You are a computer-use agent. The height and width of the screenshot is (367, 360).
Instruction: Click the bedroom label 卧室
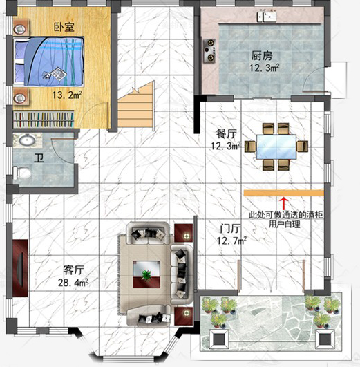pos(64,27)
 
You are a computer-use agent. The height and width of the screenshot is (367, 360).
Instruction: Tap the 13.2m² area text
pos(67,95)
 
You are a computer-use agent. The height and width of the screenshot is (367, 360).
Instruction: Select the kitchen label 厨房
pos(262,56)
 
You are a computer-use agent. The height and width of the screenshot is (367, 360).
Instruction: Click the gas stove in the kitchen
pos(209,51)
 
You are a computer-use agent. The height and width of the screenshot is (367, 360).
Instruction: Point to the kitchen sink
pos(266,17)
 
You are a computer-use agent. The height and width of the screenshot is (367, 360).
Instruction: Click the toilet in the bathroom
pos(22,173)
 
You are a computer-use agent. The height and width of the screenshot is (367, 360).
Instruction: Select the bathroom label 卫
pos(39,158)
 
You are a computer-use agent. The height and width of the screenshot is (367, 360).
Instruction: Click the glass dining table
pos(276,147)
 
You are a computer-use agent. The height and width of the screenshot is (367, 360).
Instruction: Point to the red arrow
pos(284,204)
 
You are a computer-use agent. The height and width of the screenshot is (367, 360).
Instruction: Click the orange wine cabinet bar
pos(284,193)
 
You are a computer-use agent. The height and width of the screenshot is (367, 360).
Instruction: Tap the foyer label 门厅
pos(230,229)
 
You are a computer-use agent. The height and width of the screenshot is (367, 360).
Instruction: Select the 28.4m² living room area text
pos(73,283)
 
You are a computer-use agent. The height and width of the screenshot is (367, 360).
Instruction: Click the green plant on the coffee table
pos(146,274)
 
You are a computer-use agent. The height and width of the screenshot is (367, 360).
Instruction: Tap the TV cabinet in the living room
pos(20,268)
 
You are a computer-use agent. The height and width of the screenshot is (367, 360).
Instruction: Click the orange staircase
pos(136,107)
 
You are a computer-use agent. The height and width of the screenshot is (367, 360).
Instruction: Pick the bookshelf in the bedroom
pos(44,120)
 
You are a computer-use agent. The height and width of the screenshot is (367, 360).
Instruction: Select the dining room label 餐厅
pos(226,134)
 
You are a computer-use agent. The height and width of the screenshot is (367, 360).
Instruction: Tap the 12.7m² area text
pos(231,241)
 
